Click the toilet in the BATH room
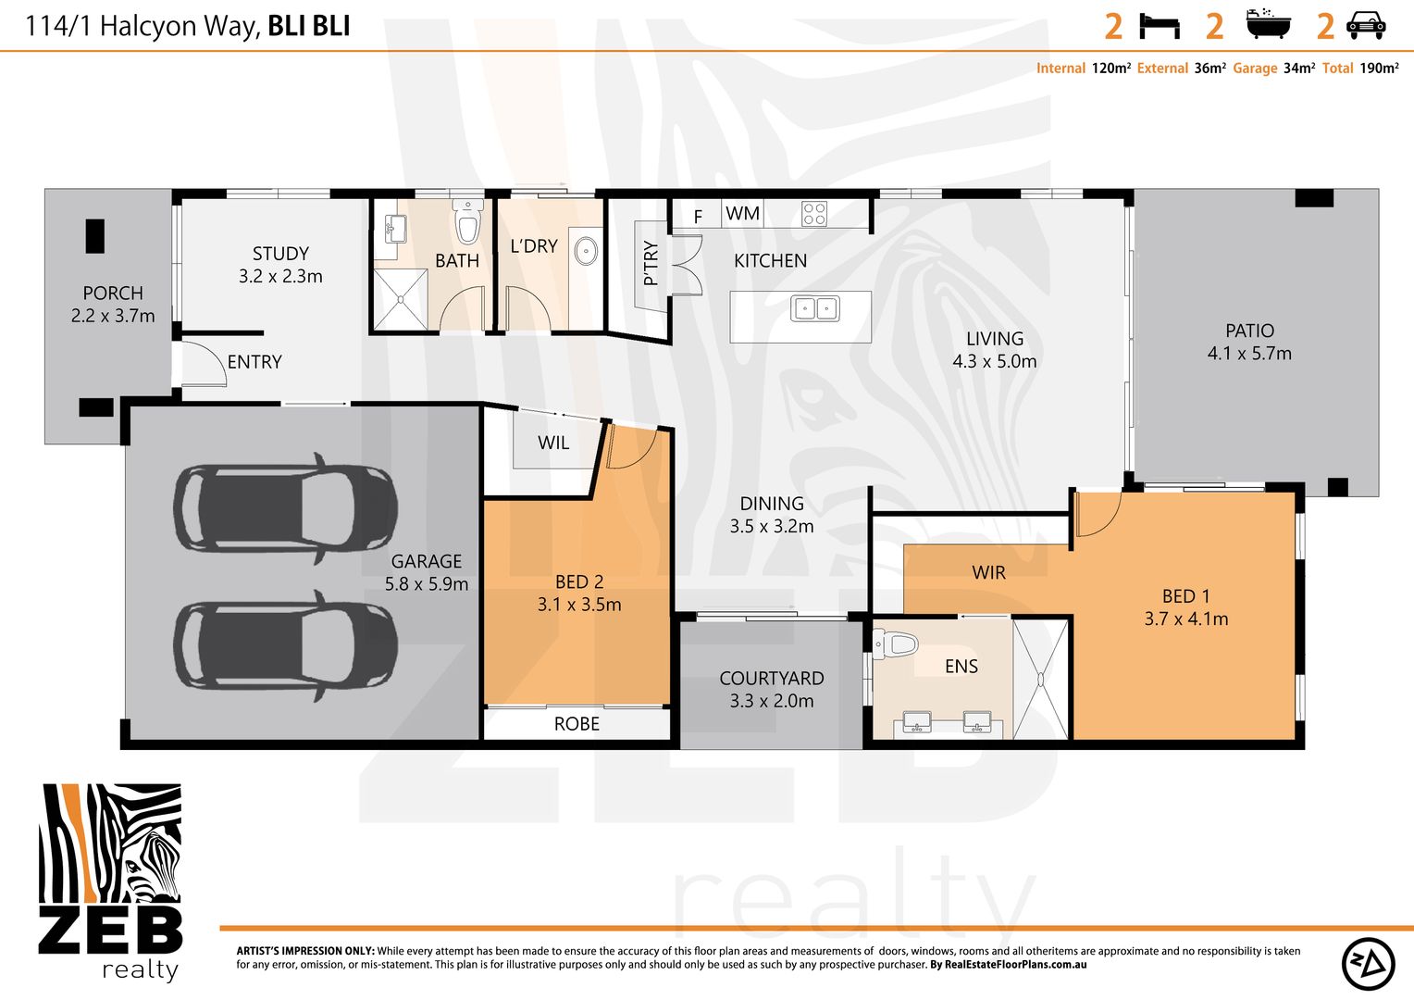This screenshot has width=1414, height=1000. tap(468, 221)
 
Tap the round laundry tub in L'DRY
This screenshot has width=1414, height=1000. tap(586, 251)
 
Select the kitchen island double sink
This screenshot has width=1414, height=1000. tap(814, 308)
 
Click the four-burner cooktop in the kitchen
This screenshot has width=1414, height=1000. tap(814, 214)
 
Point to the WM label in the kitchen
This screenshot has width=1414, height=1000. tap(742, 214)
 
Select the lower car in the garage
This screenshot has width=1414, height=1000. tap(286, 644)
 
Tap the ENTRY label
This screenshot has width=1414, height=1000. tap(254, 362)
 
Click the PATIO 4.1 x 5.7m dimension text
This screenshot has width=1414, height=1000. tap(1249, 353)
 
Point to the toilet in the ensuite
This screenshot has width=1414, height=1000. tap(894, 644)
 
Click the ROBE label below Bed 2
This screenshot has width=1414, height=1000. tap(577, 724)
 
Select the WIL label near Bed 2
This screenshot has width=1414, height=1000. tap(553, 443)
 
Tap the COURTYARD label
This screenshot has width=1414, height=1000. tap(772, 679)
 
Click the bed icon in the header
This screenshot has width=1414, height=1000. tap(1160, 25)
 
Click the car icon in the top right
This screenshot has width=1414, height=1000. tap(1365, 25)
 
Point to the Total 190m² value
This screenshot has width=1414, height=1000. tap(1379, 69)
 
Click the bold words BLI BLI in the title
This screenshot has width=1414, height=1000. tap(309, 26)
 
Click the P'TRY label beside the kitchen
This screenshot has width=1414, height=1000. tap(651, 263)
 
